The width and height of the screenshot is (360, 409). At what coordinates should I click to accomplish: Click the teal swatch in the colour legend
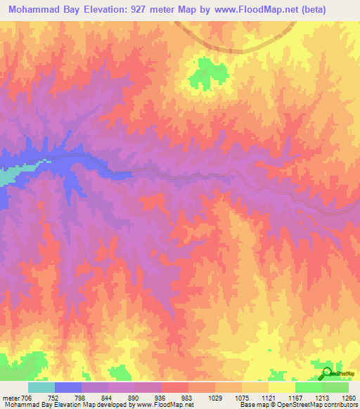coord(41,387)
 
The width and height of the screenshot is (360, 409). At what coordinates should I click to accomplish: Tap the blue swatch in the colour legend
coord(68,387)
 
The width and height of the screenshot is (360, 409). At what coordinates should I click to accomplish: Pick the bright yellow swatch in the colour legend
coord(281,387)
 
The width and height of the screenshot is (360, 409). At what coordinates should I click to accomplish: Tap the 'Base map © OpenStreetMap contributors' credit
coord(297,405)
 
